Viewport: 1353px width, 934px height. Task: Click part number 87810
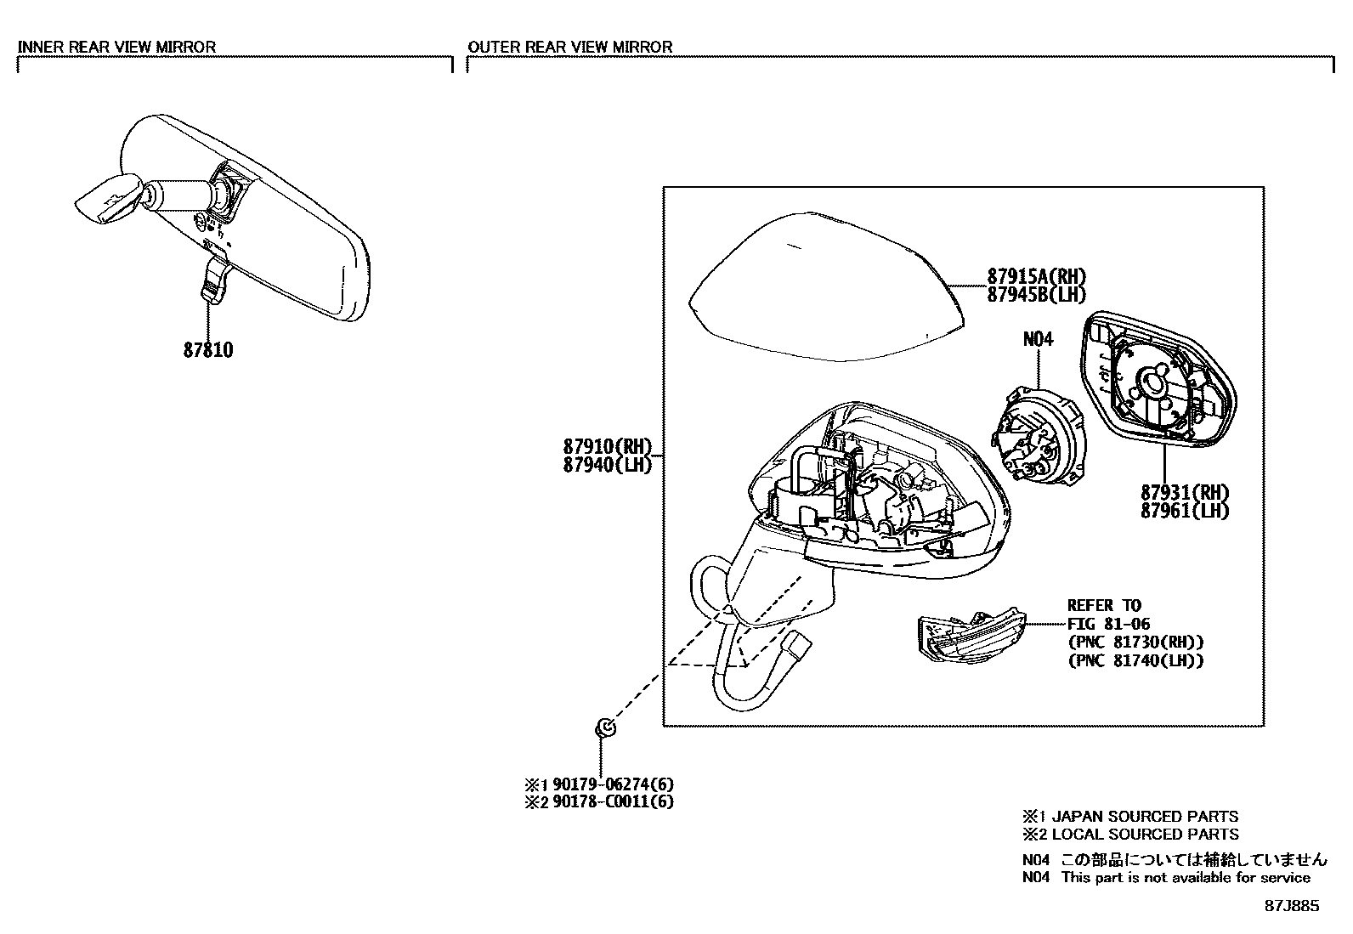(207, 349)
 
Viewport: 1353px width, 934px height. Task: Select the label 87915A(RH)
(1037, 276)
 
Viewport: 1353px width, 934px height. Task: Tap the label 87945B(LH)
(1037, 295)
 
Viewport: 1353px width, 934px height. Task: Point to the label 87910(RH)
(606, 446)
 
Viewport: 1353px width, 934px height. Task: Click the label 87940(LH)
(606, 465)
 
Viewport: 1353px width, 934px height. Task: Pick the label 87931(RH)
(1185, 492)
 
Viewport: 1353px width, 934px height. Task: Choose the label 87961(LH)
(1185, 511)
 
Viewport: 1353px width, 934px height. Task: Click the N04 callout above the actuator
(1038, 339)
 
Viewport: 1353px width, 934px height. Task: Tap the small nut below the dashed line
(605, 727)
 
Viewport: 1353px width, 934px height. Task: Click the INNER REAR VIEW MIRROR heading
(116, 47)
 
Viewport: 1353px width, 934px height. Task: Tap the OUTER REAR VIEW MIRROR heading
(569, 47)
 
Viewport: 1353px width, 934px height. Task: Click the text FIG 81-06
(1108, 624)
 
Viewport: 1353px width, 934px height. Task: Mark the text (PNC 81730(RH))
(1135, 642)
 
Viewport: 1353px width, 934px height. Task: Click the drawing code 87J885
(1292, 906)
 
